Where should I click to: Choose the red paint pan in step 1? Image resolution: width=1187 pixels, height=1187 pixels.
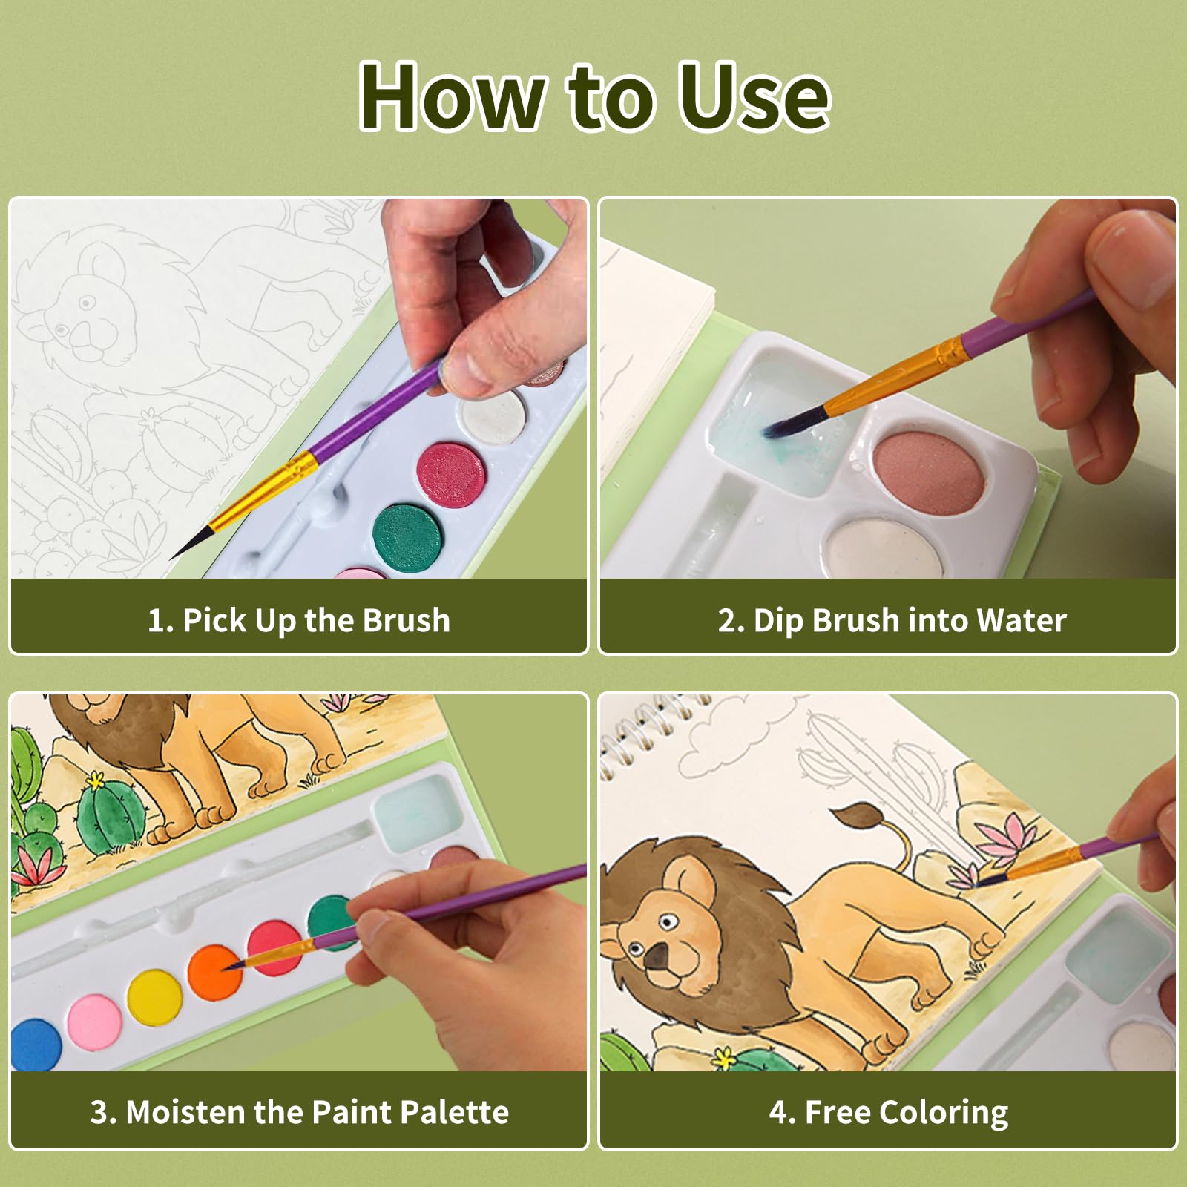click(451, 475)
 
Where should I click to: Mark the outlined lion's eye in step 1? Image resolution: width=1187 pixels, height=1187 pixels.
click(86, 303)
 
